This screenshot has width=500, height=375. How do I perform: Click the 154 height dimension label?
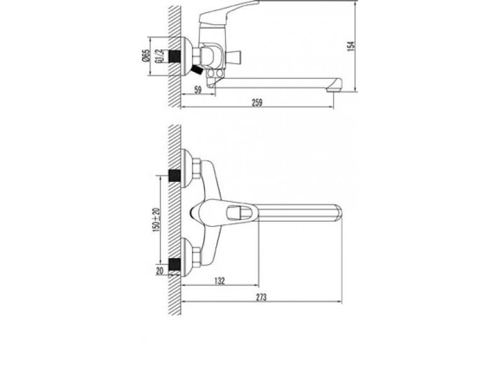(351, 46)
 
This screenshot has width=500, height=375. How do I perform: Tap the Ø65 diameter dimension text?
(146, 55)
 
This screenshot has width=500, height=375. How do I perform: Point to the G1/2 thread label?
(159, 56)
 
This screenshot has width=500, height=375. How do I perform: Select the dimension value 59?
(198, 90)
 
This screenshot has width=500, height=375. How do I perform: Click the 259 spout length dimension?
(257, 102)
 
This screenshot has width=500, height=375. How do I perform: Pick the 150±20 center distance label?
(156, 220)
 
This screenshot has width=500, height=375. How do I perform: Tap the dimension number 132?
(219, 281)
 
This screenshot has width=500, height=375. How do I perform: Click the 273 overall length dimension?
(261, 297)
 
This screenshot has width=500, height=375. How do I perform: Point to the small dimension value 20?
(160, 271)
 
